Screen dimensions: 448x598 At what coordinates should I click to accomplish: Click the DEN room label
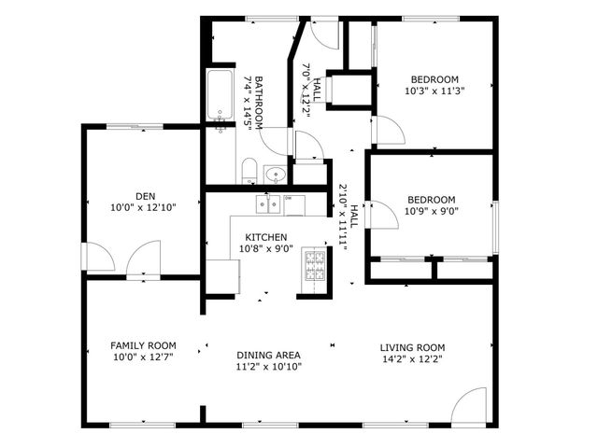click(x=145, y=196)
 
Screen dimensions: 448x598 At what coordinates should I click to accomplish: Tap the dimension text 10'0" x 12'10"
click(x=144, y=207)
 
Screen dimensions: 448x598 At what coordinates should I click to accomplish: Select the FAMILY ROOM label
click(x=143, y=345)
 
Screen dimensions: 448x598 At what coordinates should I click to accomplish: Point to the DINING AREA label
click(x=268, y=355)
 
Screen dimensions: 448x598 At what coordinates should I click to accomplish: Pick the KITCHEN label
click(x=266, y=238)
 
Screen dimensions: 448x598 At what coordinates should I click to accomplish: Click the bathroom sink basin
click(x=277, y=174)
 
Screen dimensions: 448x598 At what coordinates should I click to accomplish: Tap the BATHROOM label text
click(x=259, y=101)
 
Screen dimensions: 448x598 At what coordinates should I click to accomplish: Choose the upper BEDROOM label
click(x=434, y=79)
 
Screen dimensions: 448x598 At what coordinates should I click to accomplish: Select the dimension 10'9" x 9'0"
click(x=431, y=210)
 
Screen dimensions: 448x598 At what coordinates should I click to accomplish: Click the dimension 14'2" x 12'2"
click(x=412, y=358)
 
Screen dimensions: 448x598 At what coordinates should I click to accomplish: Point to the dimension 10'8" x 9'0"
click(x=266, y=249)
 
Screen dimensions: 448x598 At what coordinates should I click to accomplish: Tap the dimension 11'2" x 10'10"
click(x=268, y=366)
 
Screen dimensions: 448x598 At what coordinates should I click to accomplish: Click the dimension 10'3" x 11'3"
click(x=434, y=91)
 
